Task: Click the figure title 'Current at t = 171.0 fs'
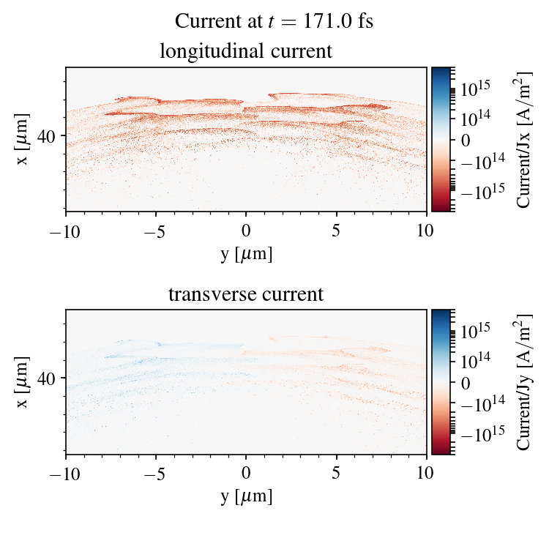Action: pyautogui.click(x=274, y=21)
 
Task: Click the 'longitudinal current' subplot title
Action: pyautogui.click(x=246, y=52)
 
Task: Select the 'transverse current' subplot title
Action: pyautogui.click(x=246, y=295)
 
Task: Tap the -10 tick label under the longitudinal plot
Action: pyautogui.click(x=66, y=231)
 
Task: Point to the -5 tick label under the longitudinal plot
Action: pyautogui.click(x=156, y=231)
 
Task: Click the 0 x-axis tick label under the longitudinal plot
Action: pyautogui.click(x=246, y=231)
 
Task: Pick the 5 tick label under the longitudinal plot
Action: pyautogui.click(x=336, y=231)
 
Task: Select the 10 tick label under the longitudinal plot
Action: pyautogui.click(x=426, y=231)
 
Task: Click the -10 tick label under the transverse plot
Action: pyautogui.click(x=66, y=474)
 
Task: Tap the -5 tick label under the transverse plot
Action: pyautogui.click(x=156, y=474)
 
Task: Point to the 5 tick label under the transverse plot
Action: pyautogui.click(x=336, y=474)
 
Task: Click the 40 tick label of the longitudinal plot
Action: pyautogui.click(x=48, y=135)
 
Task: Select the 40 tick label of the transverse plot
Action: pyautogui.click(x=48, y=378)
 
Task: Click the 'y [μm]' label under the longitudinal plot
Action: pyautogui.click(x=246, y=253)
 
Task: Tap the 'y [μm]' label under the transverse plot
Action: pyautogui.click(x=246, y=496)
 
